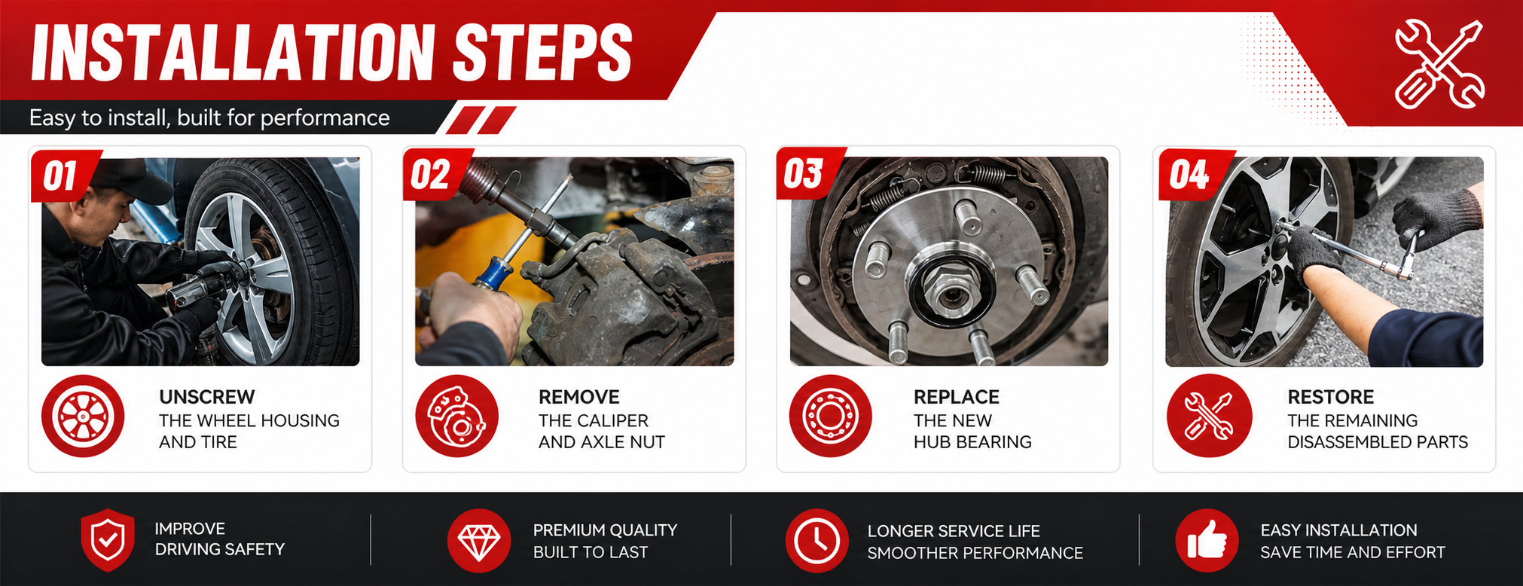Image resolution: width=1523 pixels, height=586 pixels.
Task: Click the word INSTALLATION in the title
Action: (233, 52)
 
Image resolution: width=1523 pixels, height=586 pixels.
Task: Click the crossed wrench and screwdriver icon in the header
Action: (1439, 64)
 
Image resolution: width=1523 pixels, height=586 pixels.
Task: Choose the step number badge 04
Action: (1191, 175)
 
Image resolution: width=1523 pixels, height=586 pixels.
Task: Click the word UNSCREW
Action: (207, 397)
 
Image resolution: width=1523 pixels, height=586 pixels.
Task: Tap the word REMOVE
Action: (579, 397)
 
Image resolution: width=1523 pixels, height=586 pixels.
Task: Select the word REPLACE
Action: (957, 397)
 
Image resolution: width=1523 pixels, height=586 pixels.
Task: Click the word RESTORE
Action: (1331, 397)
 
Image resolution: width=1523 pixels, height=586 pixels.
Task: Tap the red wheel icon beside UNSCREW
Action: (83, 417)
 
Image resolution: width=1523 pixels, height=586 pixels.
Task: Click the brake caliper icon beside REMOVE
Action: (456, 417)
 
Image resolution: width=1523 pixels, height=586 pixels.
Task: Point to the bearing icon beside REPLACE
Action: (830, 417)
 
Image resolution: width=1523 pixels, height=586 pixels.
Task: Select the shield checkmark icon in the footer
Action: (108, 540)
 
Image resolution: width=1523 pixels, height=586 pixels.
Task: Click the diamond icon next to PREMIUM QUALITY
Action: (479, 541)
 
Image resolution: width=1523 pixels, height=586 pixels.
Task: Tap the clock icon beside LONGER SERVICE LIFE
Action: (817, 541)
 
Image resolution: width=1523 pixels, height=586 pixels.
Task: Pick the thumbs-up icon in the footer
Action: (1207, 541)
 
